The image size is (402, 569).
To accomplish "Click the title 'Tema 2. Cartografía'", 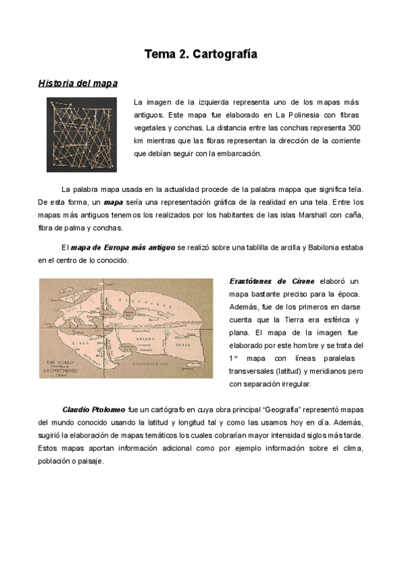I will point(201,54).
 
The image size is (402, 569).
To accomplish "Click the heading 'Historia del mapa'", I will point(78,83).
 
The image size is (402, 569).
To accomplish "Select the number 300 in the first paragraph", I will point(356,127).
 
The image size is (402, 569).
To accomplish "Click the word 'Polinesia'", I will point(308,115).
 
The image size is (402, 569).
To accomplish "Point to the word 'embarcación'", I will point(236,153).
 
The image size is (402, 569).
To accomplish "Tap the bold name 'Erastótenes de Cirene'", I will point(272,280).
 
